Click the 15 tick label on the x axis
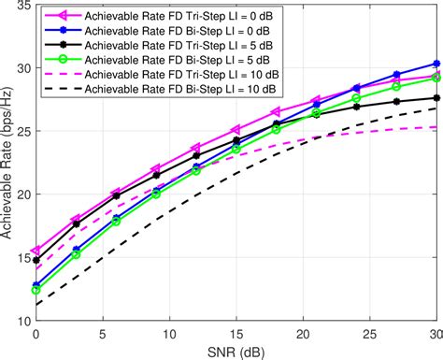(236, 333)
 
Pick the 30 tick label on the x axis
(436, 333)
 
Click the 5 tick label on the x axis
(103, 333)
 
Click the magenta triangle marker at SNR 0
(36, 252)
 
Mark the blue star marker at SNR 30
(436, 65)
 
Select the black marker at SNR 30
(436, 98)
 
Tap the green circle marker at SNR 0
(36, 290)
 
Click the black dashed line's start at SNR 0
(36, 305)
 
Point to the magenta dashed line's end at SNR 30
(436, 127)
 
